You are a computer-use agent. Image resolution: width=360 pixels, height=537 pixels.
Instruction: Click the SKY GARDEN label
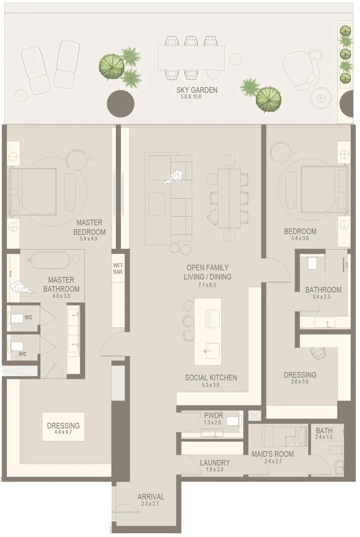tap(197, 90)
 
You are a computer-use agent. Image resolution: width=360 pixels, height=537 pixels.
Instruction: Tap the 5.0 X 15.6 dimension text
tap(191, 97)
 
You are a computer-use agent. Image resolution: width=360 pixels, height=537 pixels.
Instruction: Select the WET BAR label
tap(118, 268)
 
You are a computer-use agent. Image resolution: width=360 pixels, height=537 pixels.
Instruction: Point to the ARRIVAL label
tap(151, 497)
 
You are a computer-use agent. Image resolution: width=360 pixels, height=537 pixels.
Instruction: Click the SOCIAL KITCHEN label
tap(211, 378)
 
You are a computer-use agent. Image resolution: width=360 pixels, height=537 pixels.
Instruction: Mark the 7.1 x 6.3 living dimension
tap(207, 285)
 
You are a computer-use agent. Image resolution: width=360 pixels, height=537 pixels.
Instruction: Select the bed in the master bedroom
tap(32, 191)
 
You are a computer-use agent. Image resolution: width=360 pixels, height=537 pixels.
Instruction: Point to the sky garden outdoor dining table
tap(191, 58)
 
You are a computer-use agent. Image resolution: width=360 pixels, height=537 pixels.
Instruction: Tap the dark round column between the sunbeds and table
tap(120, 104)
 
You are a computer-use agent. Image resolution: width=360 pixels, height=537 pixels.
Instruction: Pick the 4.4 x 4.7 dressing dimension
tap(63, 432)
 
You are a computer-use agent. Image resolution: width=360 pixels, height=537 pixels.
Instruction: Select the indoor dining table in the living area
tap(229, 198)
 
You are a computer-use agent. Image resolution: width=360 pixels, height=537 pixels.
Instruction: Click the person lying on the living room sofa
tap(172, 178)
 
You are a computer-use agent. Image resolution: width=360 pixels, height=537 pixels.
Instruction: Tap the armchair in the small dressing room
tap(318, 353)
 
